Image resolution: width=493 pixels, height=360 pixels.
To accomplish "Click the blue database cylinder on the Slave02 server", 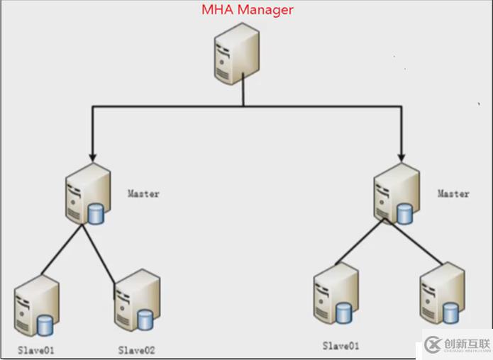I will point(145,320).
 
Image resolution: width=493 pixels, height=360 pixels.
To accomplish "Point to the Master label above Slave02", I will point(143,193).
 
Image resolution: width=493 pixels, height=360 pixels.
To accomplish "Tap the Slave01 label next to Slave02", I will point(36,349).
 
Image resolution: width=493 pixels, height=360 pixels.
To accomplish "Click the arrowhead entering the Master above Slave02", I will point(92,154).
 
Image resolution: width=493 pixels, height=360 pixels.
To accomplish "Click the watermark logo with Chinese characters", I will point(454,344).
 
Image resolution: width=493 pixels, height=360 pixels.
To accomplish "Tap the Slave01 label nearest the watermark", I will point(341,346).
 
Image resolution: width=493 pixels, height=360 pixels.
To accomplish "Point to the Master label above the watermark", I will point(453,193).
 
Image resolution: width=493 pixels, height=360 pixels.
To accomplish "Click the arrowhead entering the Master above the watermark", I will point(401,154).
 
